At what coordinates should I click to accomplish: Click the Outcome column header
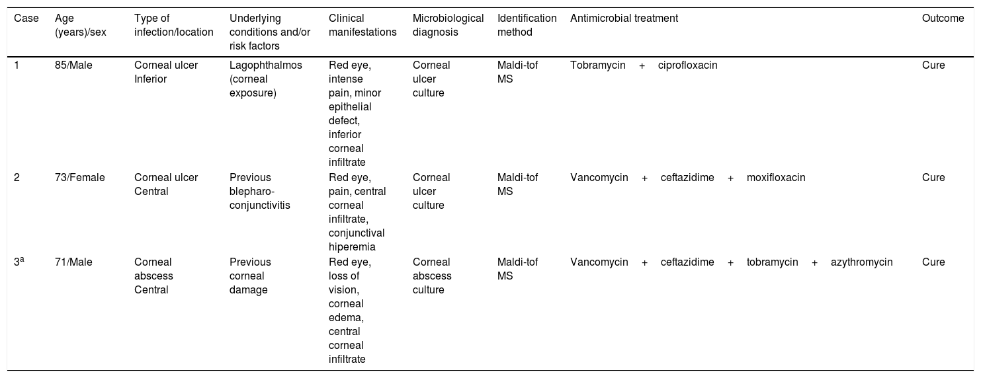(x=943, y=19)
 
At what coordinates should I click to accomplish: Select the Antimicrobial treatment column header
(x=624, y=19)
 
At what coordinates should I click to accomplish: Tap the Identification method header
(x=527, y=25)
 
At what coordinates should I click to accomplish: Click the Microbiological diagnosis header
(x=448, y=25)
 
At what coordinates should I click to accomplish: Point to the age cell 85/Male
(x=73, y=65)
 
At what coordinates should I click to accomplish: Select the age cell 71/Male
(x=73, y=262)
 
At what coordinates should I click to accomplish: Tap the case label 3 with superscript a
(x=19, y=262)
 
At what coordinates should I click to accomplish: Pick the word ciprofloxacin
(x=687, y=65)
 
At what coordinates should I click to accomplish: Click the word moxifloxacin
(x=776, y=177)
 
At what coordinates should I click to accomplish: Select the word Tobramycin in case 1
(x=597, y=65)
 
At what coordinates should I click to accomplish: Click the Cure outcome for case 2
(x=933, y=177)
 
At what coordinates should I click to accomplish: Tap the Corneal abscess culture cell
(x=432, y=276)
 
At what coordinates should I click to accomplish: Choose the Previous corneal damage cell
(x=250, y=276)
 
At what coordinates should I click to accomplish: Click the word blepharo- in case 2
(x=253, y=191)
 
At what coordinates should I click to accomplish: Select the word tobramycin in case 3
(x=772, y=262)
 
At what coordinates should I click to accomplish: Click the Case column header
(x=26, y=19)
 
